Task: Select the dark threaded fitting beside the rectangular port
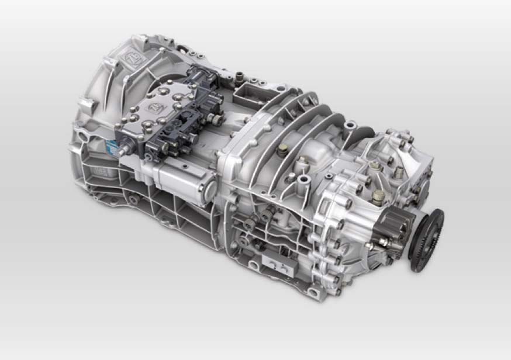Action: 239,75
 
